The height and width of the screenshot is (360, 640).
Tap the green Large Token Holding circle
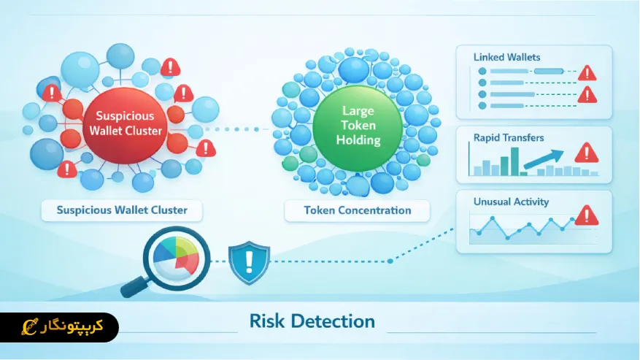[357, 124]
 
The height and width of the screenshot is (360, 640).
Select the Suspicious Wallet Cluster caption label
[123, 210]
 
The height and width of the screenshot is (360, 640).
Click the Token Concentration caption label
[358, 210]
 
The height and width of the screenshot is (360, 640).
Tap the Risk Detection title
[312, 321]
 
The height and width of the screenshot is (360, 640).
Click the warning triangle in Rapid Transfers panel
[586, 153]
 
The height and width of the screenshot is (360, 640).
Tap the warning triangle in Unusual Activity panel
[586, 215]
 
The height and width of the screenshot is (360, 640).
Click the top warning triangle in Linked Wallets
[587, 72]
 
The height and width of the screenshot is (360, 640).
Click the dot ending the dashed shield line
[390, 260]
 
